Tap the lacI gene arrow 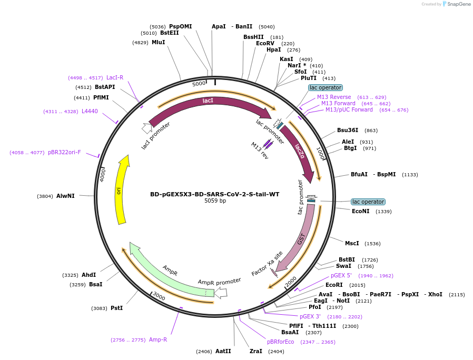[x=208, y=101]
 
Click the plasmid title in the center [x=215, y=194]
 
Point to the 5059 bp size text [x=215, y=201]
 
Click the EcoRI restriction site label [x=334, y=285]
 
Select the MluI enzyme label [x=158, y=43]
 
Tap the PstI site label [x=116, y=308]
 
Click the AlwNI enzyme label [x=66, y=196]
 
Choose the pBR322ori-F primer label [x=64, y=153]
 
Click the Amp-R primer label [x=158, y=340]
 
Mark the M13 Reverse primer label [x=334, y=97]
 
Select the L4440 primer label [x=90, y=112]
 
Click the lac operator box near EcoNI [x=368, y=202]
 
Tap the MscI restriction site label [x=352, y=244]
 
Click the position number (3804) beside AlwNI [x=45, y=196]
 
